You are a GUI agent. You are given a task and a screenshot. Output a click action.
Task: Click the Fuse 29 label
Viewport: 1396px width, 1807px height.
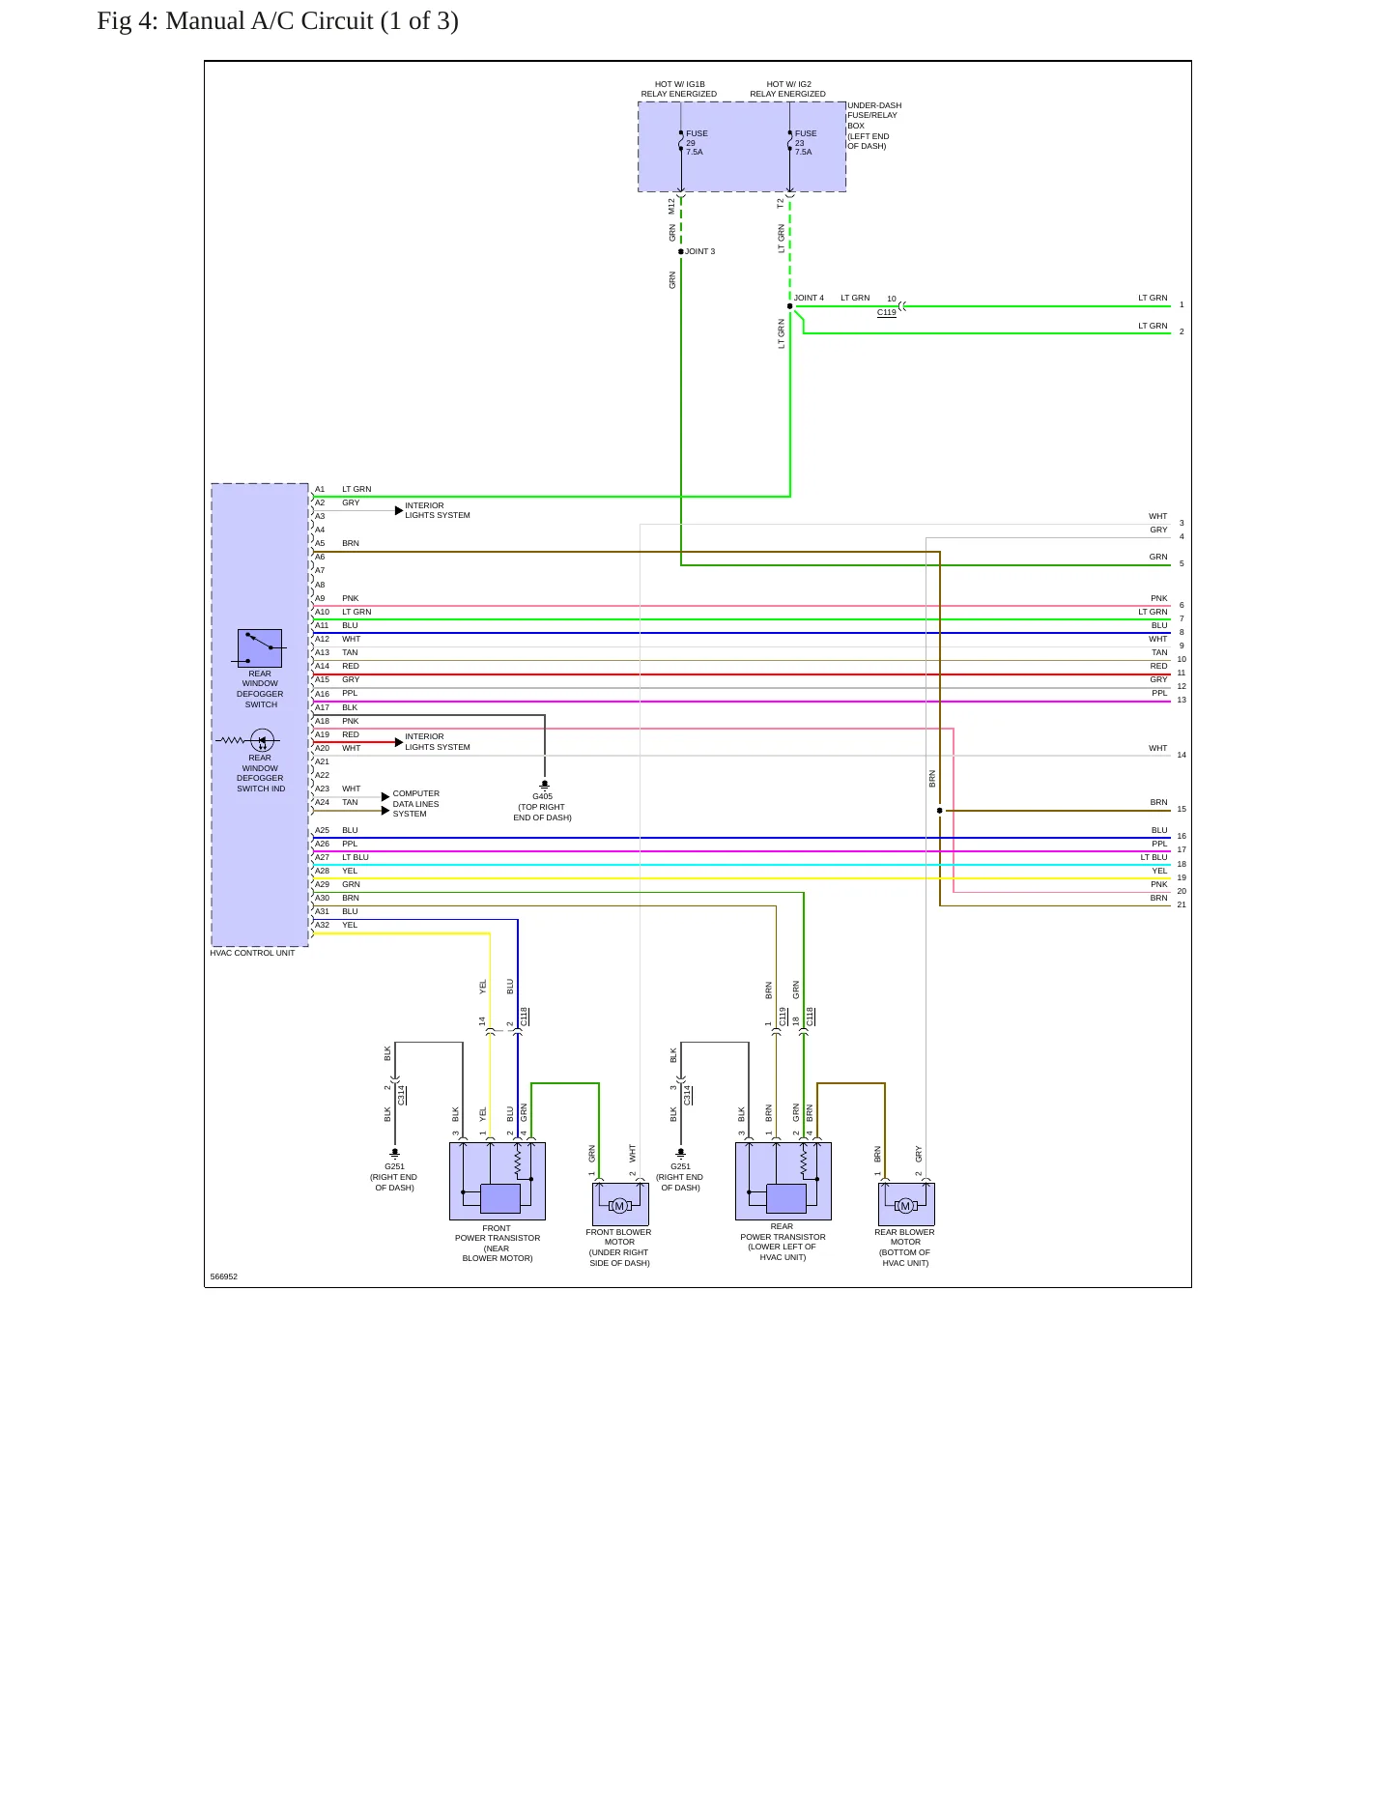(x=697, y=143)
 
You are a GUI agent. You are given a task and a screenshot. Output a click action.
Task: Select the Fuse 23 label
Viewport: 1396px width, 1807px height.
(x=806, y=143)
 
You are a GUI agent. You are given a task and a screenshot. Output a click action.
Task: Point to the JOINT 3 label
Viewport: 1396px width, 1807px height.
(x=700, y=251)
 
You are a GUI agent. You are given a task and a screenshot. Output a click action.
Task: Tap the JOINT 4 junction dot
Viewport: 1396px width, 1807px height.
(x=790, y=306)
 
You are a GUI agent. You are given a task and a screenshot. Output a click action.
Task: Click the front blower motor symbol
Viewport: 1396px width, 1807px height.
(x=620, y=1205)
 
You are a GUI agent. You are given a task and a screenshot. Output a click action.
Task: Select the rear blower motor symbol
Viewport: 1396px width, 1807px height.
(x=905, y=1205)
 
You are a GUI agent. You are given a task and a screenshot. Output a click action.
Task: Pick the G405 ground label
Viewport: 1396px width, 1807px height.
(x=543, y=796)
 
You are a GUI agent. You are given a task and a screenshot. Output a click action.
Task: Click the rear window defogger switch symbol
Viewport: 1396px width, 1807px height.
(x=260, y=648)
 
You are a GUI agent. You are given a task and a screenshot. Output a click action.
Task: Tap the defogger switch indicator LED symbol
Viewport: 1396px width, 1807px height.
(x=262, y=741)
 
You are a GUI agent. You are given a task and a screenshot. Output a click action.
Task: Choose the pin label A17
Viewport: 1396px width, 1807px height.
(x=322, y=707)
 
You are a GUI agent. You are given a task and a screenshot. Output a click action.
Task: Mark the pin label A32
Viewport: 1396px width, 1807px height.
(x=322, y=925)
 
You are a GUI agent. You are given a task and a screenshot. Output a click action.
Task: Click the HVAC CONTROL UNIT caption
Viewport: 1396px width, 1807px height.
(x=252, y=953)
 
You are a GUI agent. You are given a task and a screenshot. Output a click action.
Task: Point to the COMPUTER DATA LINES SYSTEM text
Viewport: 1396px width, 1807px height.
(x=415, y=804)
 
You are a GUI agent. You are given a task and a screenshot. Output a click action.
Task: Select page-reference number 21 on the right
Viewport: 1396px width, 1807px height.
(x=1182, y=904)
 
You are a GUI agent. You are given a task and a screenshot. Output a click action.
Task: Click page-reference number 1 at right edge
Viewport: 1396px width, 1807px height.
(x=1182, y=304)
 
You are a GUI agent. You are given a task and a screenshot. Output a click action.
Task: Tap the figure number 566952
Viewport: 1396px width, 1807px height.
(x=224, y=1276)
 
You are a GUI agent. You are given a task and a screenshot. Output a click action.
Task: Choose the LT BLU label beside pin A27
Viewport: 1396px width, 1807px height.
(x=356, y=857)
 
